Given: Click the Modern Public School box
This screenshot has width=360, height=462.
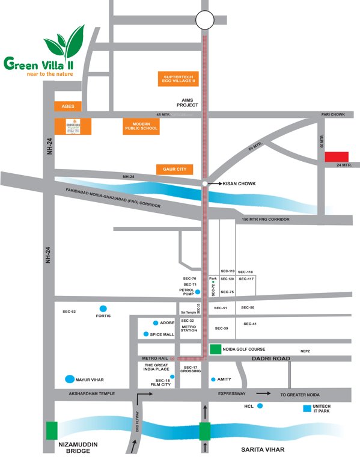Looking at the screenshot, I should [x=141, y=125].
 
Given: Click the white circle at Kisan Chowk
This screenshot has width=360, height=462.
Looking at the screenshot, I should [x=206, y=183].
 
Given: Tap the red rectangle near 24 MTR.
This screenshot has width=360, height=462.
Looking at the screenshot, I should [x=337, y=156].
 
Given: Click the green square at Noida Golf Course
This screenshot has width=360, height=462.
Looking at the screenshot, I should [x=215, y=349].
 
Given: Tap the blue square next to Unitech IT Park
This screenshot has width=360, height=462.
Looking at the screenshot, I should [x=308, y=408].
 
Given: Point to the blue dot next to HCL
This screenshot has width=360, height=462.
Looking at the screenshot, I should [x=260, y=406].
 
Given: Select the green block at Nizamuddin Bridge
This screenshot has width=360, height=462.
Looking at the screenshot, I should [x=52, y=431].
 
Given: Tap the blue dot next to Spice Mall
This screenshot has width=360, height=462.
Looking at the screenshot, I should [x=146, y=334].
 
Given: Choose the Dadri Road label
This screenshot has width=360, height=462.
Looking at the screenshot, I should [x=266, y=359].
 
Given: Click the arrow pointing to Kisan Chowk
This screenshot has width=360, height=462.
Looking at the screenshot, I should [x=215, y=183].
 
